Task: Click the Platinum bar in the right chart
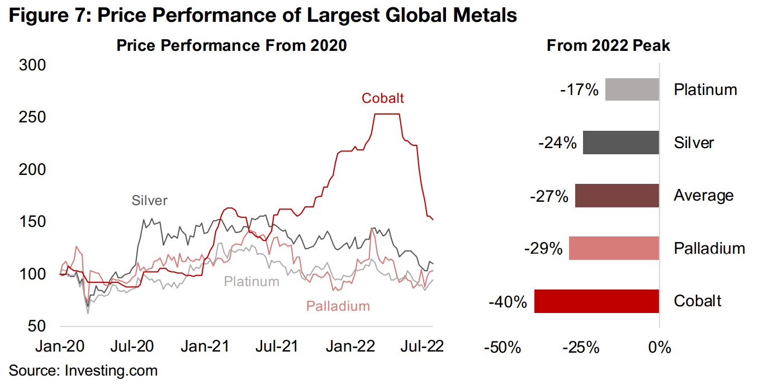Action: click(x=632, y=89)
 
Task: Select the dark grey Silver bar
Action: click(x=621, y=143)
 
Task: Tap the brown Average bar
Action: click(x=617, y=196)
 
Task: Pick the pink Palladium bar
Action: click(x=614, y=248)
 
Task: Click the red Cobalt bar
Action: click(x=597, y=301)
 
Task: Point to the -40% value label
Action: click(x=508, y=302)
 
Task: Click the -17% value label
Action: click(x=579, y=89)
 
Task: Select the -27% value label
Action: click(x=549, y=197)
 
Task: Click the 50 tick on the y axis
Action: click(x=37, y=326)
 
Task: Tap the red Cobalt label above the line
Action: click(x=382, y=98)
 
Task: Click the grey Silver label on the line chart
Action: click(x=149, y=200)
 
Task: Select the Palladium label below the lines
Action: click(x=338, y=306)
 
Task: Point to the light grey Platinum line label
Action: click(x=252, y=281)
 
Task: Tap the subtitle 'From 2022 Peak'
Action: click(x=608, y=46)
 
